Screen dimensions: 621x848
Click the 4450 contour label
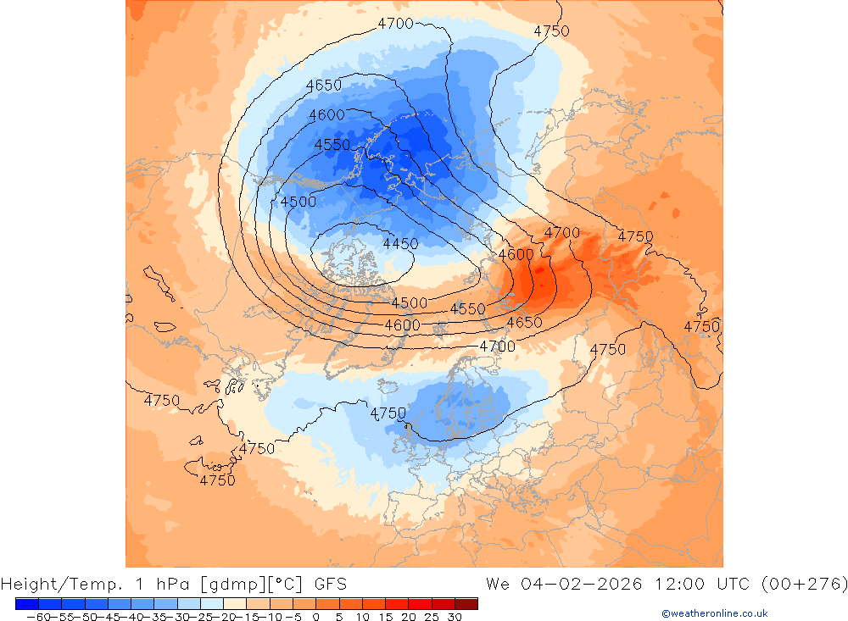pyautogui.click(x=400, y=244)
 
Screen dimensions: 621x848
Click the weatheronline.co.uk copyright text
pyautogui.click(x=714, y=613)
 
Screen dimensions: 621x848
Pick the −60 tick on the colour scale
pyautogui.click(x=37, y=618)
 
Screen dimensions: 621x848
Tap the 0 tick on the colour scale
pyautogui.click(x=315, y=618)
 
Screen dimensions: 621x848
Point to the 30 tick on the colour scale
pyautogui.click(x=454, y=618)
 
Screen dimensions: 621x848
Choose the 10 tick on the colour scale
pyautogui.click(x=362, y=618)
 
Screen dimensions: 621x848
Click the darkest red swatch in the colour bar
pyautogui.click(x=466, y=603)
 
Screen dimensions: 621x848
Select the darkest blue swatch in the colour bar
pyautogui.click(x=26, y=603)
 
